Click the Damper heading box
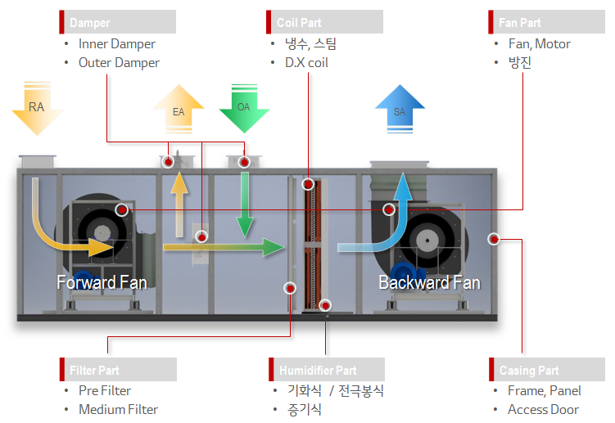pyautogui.click(x=118, y=22)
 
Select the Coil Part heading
pyautogui.click(x=325, y=22)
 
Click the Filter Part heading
pyautogui.click(x=118, y=369)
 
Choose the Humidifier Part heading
pyautogui.click(x=325, y=369)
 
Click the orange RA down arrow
pyautogui.click(x=37, y=107)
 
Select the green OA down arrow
pyautogui.click(x=244, y=107)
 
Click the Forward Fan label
pyautogui.click(x=102, y=283)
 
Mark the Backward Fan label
pyautogui.click(x=429, y=283)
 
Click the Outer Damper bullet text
pyautogui.click(x=119, y=62)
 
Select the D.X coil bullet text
pyautogui.click(x=306, y=62)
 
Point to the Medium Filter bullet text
pyautogui.click(x=118, y=409)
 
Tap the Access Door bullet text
pyautogui.click(x=543, y=409)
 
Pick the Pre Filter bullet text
pyautogui.click(x=105, y=390)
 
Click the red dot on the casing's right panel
pyautogui.click(x=494, y=239)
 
